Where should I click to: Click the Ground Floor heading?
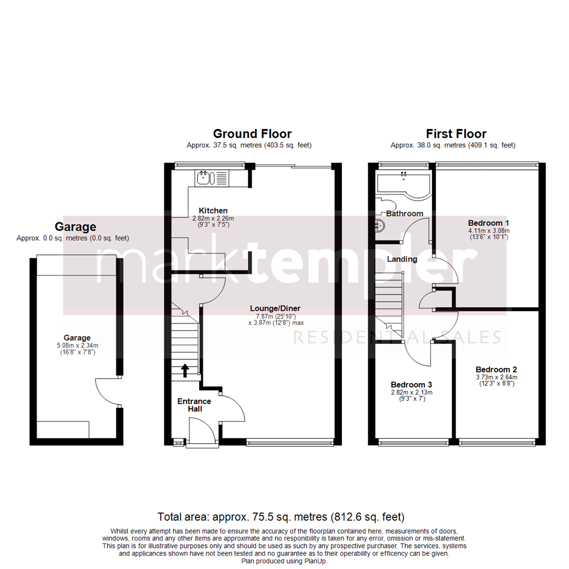click(x=252, y=134)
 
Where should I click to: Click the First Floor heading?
click(x=456, y=134)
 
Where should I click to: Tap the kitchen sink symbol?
click(x=204, y=178)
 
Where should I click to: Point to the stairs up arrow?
click(x=184, y=370)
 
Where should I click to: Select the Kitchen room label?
click(x=213, y=211)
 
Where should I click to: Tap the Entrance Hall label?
click(x=194, y=405)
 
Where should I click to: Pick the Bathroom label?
click(x=405, y=213)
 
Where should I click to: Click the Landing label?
click(x=402, y=259)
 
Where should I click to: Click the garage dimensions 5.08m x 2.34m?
click(x=77, y=346)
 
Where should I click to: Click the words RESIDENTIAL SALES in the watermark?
click(x=396, y=337)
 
